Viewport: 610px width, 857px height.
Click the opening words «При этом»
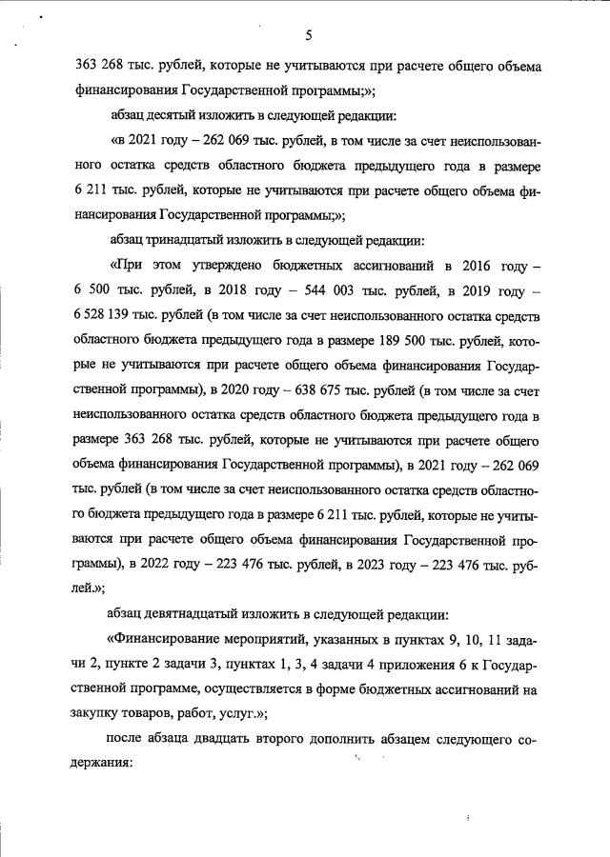point(144,266)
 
